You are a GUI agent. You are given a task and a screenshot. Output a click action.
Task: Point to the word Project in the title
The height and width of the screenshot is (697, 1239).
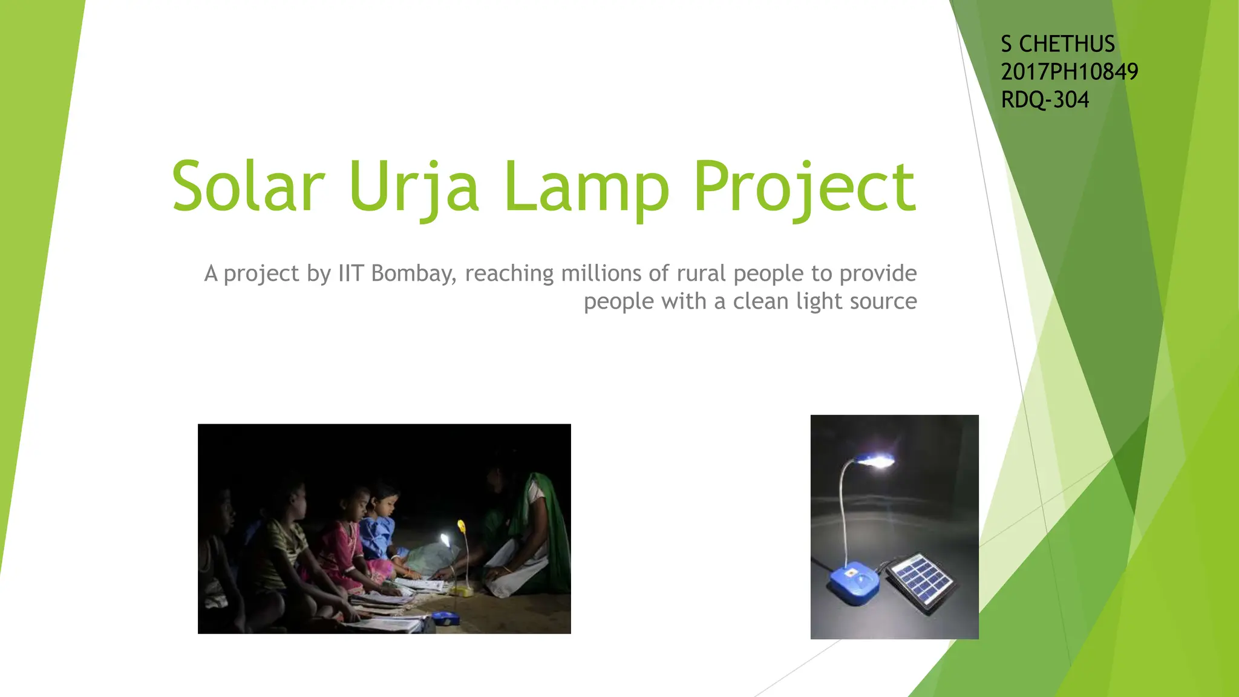805,188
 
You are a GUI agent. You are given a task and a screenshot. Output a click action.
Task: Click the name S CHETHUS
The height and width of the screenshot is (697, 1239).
1058,44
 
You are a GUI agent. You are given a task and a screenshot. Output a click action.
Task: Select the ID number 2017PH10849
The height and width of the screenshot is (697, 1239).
1069,72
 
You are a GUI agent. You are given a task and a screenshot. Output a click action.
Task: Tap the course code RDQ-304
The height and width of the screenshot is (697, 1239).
1045,100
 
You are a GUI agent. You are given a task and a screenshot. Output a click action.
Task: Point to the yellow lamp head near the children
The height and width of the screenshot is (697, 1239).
462,526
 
